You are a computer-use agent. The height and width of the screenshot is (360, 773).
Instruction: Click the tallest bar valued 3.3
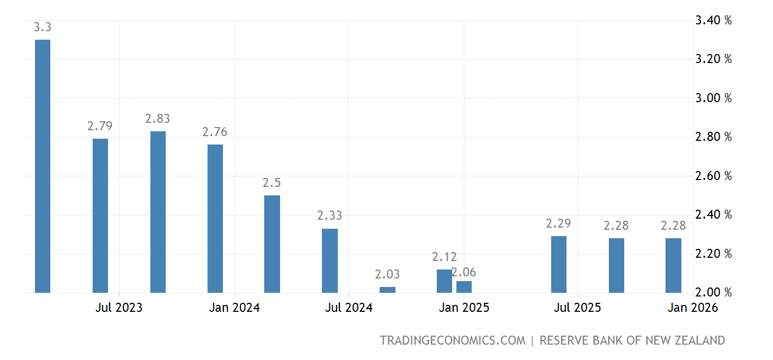(x=43, y=166)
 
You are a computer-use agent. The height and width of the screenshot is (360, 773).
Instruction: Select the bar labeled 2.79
(x=100, y=215)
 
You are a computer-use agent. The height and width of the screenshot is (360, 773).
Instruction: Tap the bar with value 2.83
(x=158, y=212)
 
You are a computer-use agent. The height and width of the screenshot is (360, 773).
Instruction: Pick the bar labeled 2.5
(x=272, y=244)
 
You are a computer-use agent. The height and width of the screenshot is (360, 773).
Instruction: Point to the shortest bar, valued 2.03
(x=388, y=290)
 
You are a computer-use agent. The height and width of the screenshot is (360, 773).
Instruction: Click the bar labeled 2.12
(x=444, y=281)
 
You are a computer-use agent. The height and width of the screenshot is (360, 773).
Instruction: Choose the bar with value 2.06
(x=464, y=287)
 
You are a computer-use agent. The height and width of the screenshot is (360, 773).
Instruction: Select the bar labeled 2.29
(x=559, y=264)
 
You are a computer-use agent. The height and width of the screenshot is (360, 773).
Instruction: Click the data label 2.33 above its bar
(x=330, y=215)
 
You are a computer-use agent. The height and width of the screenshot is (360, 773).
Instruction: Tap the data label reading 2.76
(x=215, y=132)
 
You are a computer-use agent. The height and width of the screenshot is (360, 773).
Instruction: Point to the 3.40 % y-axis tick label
(x=713, y=21)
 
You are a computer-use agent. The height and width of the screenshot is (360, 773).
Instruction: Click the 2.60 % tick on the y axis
(x=713, y=176)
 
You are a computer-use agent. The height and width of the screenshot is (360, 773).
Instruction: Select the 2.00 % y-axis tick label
(x=713, y=293)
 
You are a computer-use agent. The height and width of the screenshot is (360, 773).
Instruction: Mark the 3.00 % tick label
(x=713, y=98)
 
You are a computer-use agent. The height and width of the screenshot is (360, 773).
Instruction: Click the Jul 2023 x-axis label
(x=119, y=308)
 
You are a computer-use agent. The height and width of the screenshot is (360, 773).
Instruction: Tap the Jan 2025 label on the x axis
(x=464, y=308)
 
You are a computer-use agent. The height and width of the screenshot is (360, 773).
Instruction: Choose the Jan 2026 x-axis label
(x=693, y=308)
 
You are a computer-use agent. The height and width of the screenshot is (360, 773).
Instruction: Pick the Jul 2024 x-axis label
(x=348, y=308)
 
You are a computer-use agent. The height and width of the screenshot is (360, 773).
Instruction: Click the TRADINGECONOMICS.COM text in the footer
(x=453, y=340)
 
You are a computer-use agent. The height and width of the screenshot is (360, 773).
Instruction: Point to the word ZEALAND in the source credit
(x=698, y=340)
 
